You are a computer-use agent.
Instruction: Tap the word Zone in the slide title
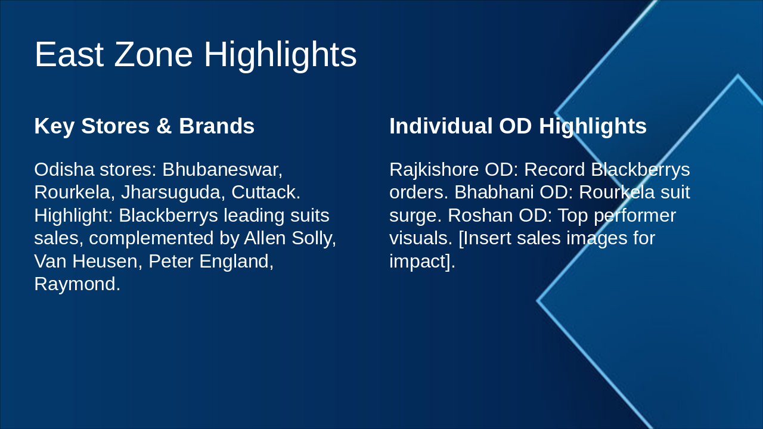click(x=154, y=54)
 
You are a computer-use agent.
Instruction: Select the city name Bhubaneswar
click(x=222, y=169)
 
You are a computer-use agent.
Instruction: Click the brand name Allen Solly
click(x=290, y=238)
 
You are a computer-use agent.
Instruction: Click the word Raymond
click(x=77, y=284)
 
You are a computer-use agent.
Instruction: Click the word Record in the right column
click(x=554, y=169)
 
